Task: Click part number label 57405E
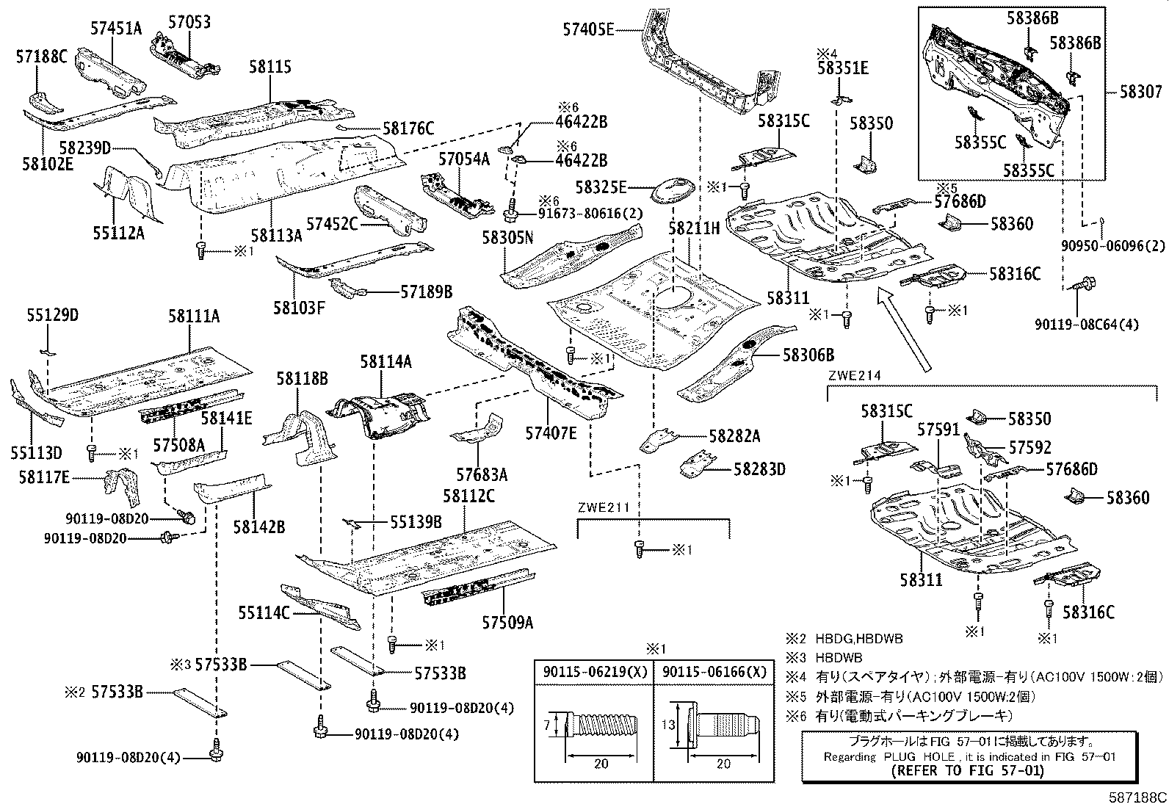tap(587, 29)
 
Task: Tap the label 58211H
tap(694, 228)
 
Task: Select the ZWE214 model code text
tap(854, 375)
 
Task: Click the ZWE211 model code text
tap(604, 507)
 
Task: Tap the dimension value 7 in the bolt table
tap(549, 725)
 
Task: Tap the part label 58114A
tap(386, 361)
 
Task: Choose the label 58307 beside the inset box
tap(1140, 92)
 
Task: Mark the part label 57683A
tap(482, 475)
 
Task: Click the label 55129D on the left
tap(52, 316)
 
